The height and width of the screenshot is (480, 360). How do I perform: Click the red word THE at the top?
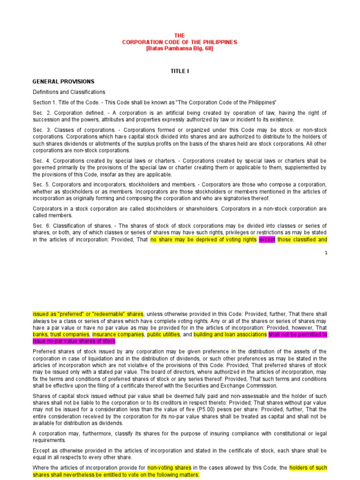(180, 36)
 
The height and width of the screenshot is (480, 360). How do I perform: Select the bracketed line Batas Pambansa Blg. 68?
(180, 48)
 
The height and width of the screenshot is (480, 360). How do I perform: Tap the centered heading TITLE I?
(180, 71)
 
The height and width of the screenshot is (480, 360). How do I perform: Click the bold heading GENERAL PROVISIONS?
(63, 82)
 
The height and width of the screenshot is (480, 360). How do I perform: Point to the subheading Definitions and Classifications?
(69, 92)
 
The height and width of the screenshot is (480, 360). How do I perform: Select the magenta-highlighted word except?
(267, 240)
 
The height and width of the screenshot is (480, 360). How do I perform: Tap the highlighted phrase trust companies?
(70, 335)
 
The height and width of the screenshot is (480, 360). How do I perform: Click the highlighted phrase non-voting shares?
(169, 468)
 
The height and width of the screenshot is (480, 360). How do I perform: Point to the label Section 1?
(44, 102)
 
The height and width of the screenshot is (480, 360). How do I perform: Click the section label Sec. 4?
(40, 160)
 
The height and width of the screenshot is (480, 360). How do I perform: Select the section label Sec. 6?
(40, 226)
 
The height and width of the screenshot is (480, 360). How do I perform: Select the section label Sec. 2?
(40, 113)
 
